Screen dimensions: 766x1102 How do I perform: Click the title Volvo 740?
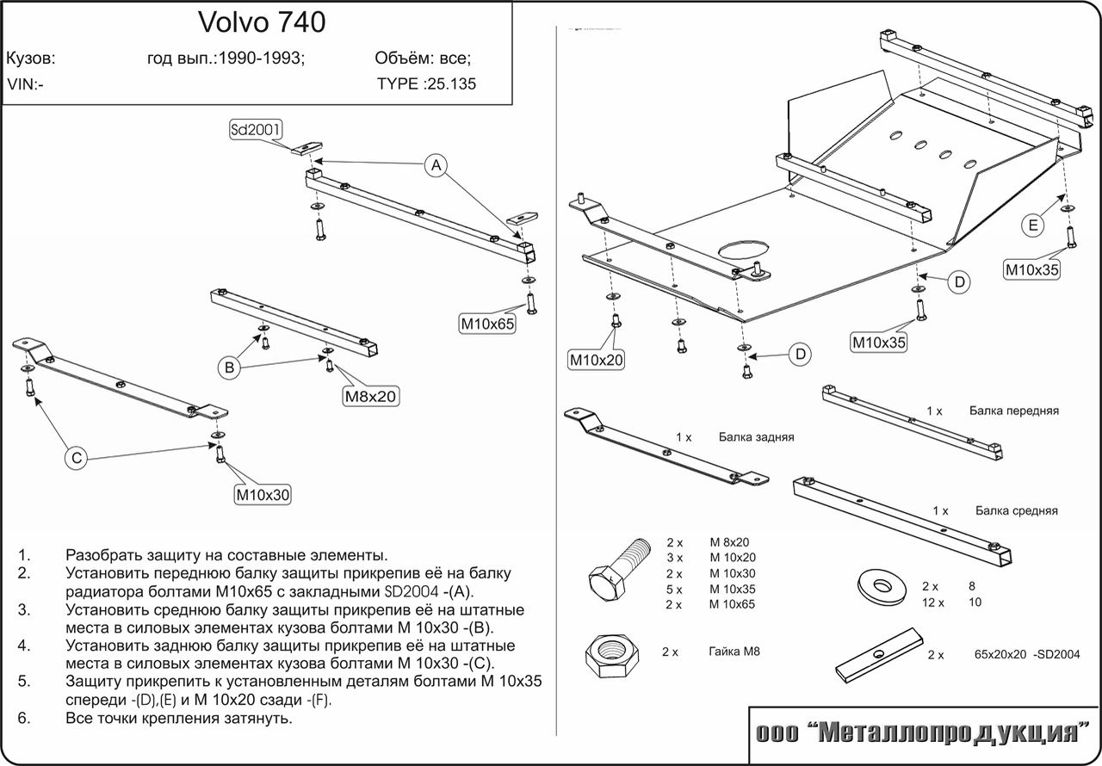tap(263, 22)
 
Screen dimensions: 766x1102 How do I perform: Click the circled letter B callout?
tap(230, 368)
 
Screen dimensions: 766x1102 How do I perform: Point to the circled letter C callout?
tap(77, 459)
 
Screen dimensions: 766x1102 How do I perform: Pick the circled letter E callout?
tap(1033, 225)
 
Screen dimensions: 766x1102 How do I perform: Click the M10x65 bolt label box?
tap(486, 324)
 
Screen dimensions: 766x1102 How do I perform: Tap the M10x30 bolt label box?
tap(263, 494)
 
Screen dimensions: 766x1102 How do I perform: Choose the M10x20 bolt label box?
tap(596, 360)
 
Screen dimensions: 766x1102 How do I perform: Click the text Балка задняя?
tap(756, 437)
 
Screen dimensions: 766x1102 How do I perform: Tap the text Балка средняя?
tap(1016, 510)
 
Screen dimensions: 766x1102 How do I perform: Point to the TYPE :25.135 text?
tap(426, 84)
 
